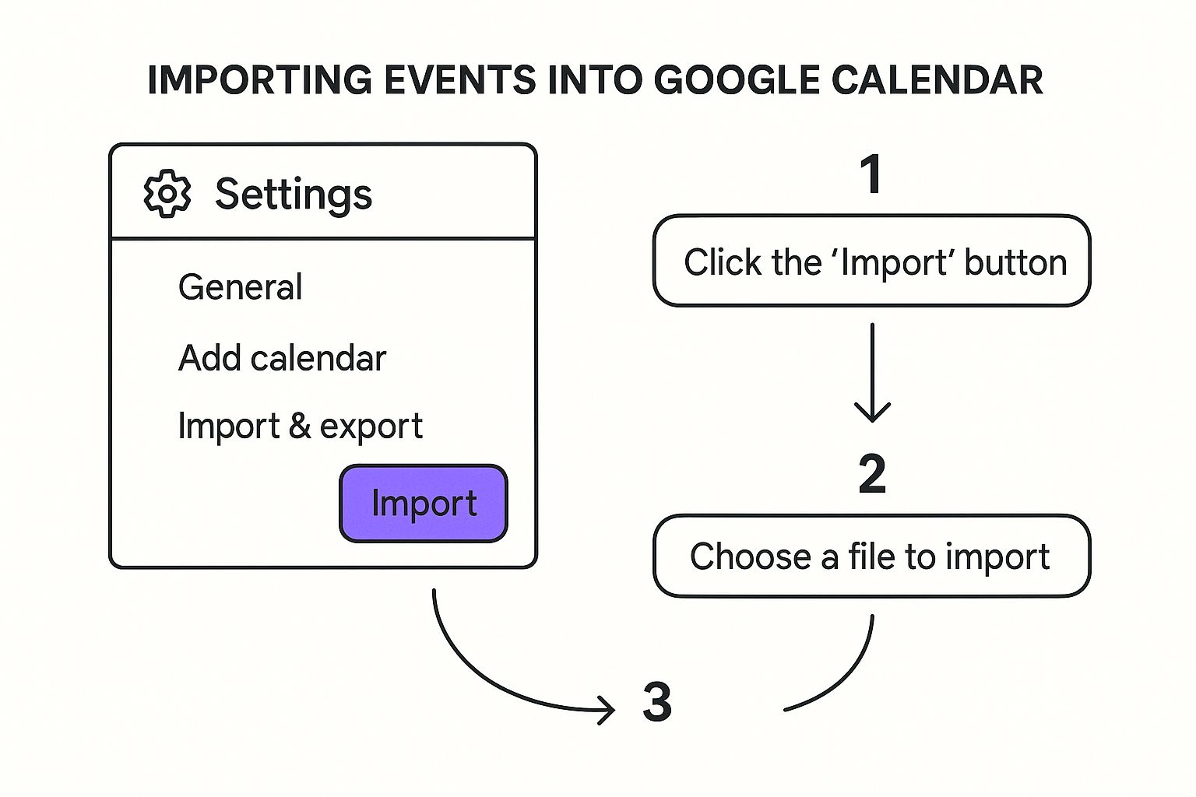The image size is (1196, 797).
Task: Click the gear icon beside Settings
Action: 167,193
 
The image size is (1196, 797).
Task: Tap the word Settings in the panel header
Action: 294,194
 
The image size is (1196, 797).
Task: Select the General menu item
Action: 240,287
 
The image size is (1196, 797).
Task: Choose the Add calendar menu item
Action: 282,359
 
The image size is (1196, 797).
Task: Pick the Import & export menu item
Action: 300,427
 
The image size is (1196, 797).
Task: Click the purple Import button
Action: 424,504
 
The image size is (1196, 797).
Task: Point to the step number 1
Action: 871,174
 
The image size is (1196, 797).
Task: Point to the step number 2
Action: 872,474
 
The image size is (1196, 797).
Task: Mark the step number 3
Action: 657,702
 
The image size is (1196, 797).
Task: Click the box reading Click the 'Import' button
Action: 872,262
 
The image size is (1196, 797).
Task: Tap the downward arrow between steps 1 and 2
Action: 872,374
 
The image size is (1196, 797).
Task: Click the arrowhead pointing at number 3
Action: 607,709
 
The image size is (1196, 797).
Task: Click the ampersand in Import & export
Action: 300,427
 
